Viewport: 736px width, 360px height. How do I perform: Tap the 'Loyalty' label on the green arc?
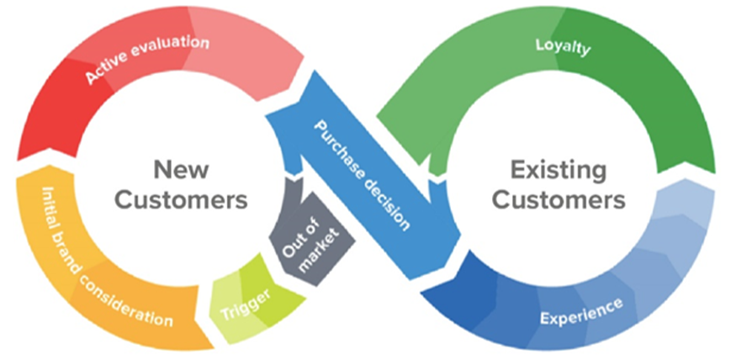pos(563,46)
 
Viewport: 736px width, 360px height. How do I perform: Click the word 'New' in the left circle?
pos(182,170)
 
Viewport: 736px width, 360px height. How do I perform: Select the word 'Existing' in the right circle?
pos(559,170)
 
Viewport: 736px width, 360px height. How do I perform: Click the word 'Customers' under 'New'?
pos(182,200)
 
